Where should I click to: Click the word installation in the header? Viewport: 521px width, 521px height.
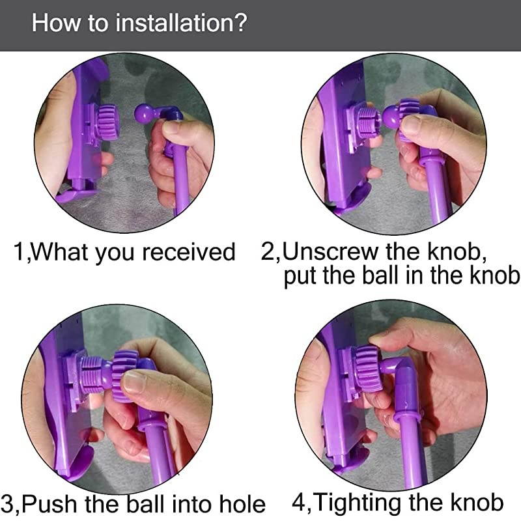click(x=173, y=23)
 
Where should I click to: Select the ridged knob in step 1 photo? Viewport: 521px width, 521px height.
click(x=107, y=122)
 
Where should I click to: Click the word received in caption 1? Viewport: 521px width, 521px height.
click(x=189, y=252)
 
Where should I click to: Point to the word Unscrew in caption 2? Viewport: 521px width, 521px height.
click(x=330, y=252)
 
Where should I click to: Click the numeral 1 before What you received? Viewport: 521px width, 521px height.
click(x=18, y=252)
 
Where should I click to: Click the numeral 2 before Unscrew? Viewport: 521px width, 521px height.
click(x=268, y=252)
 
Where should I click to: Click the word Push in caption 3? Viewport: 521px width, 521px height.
click(x=49, y=504)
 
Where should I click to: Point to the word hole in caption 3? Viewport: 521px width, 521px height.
click(x=242, y=504)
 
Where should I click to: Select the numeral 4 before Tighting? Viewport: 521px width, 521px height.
click(x=299, y=502)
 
